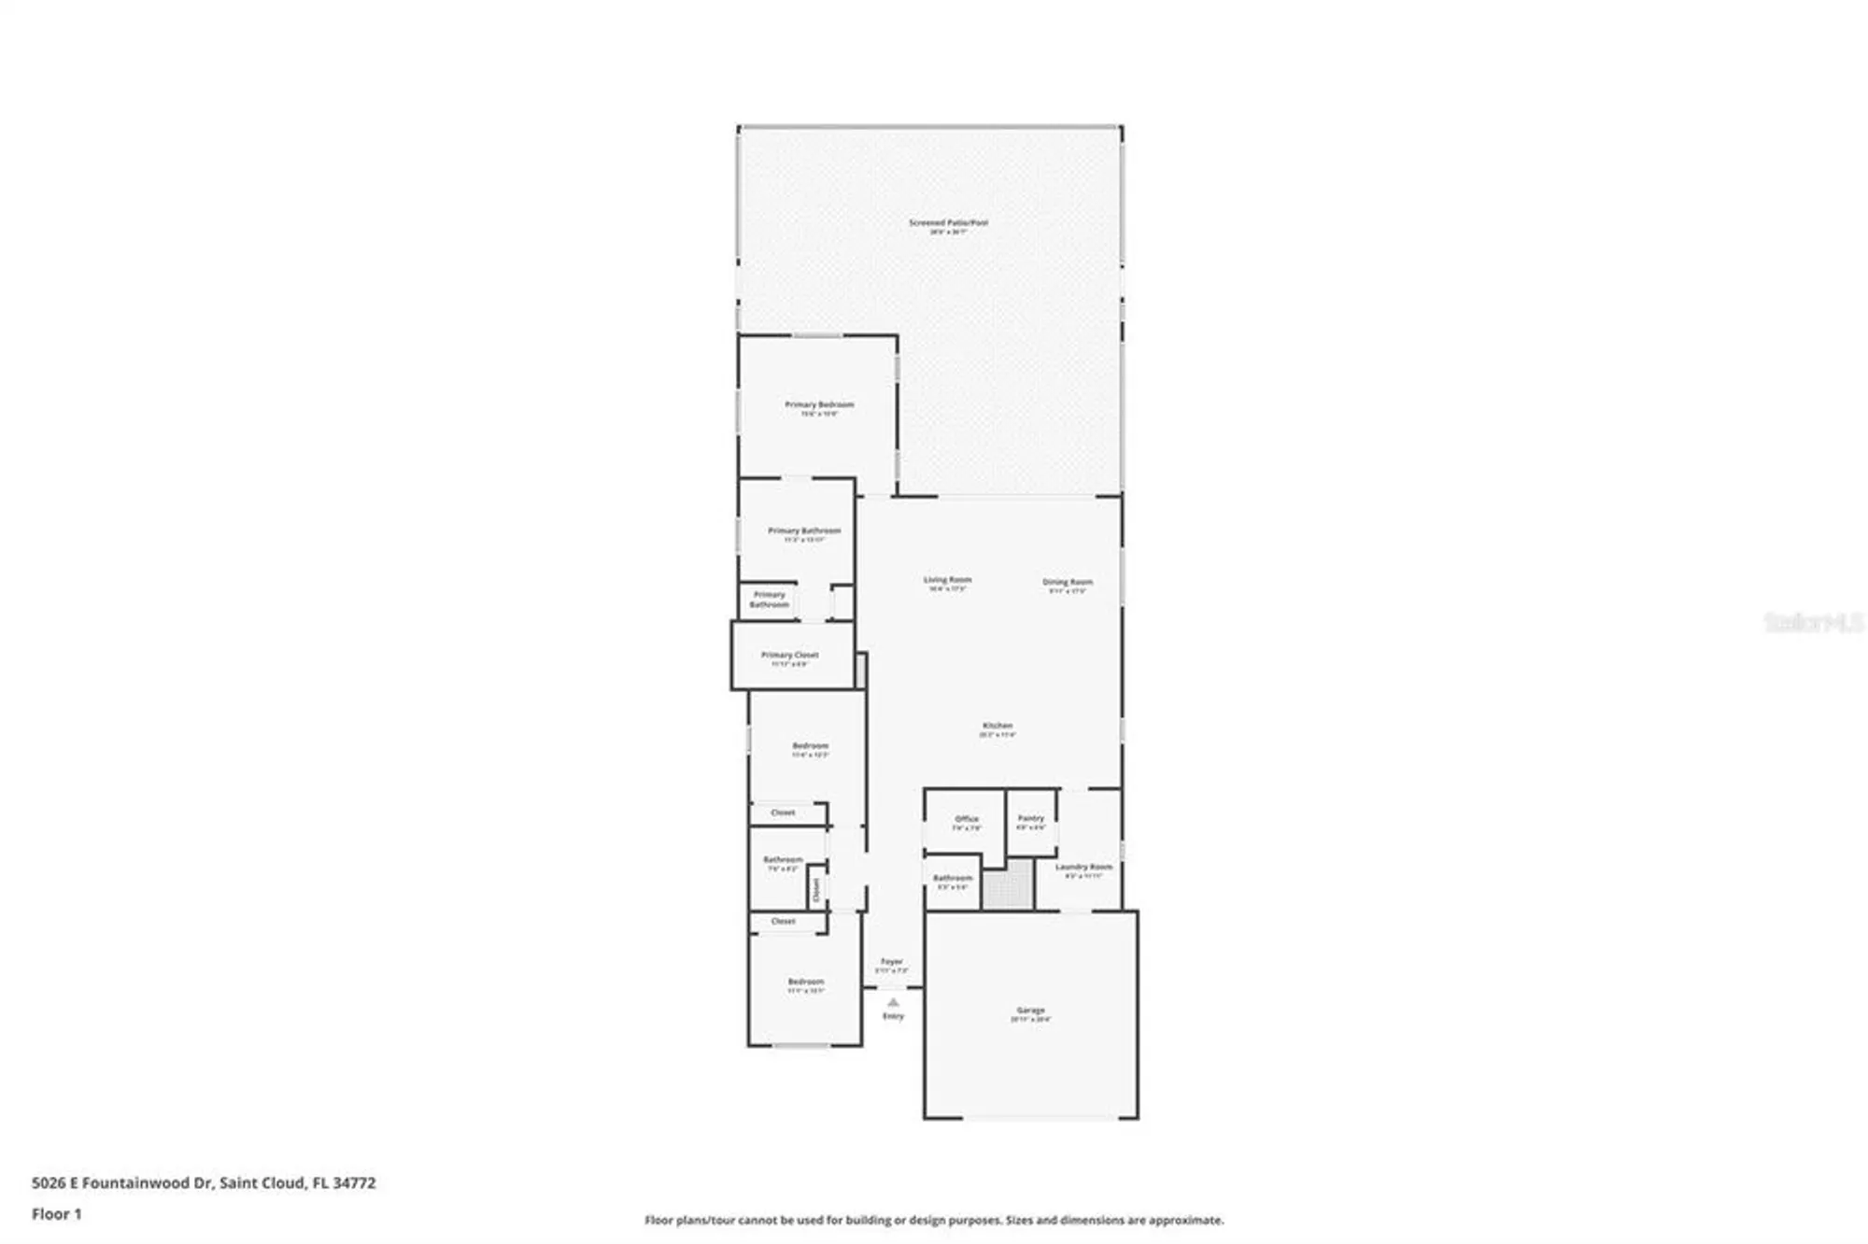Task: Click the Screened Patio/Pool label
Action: [x=948, y=223]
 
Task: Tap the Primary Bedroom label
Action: [x=819, y=404]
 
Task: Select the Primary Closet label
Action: [x=789, y=655]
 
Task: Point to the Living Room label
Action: [x=947, y=580]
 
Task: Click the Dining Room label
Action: [x=1067, y=582]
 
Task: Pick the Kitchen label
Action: [x=997, y=726]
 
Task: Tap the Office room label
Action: [x=966, y=819]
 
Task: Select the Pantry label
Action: [x=1030, y=818]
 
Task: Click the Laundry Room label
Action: [x=1083, y=867]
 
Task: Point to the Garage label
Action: [x=1030, y=1011]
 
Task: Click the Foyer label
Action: [x=891, y=961]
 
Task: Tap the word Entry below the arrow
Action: [x=893, y=1016]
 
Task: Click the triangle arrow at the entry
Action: [x=893, y=1002]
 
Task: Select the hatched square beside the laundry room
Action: [x=1008, y=884]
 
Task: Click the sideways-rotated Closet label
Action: [x=815, y=889]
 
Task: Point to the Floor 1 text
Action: [x=57, y=1214]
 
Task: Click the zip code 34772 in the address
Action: [x=354, y=1183]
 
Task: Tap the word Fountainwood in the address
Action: [x=135, y=1183]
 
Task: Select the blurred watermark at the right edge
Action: [x=1813, y=622]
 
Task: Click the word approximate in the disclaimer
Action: [x=1186, y=1220]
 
